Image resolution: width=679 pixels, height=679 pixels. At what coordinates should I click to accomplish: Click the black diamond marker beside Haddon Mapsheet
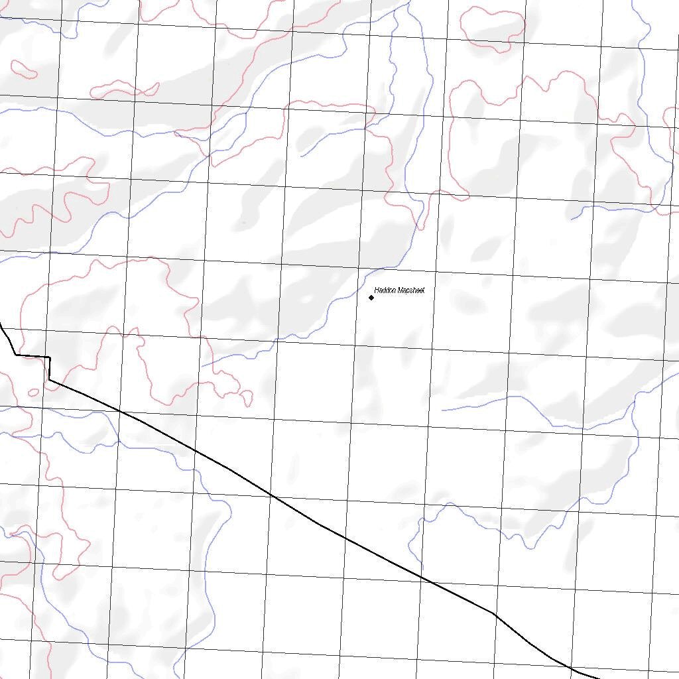(x=371, y=298)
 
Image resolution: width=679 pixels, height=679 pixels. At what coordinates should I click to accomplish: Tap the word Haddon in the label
(x=385, y=290)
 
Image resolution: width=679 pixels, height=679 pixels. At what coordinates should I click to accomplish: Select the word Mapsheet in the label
(x=410, y=290)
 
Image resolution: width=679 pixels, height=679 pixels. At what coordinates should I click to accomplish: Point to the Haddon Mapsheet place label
(x=399, y=290)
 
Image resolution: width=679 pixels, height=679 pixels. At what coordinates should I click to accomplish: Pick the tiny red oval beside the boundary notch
(x=33, y=392)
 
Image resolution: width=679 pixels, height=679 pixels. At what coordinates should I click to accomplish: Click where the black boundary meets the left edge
(x=1, y=325)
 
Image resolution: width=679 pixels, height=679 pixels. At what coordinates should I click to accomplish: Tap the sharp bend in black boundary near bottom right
(x=494, y=613)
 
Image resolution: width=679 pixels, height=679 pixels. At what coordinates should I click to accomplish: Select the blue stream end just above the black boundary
(x=202, y=366)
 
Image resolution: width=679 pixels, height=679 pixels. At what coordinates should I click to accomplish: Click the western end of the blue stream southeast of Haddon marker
(x=442, y=410)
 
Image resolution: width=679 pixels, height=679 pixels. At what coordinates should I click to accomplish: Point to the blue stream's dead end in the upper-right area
(x=572, y=219)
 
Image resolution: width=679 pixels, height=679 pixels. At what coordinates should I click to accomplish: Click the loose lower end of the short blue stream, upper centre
(x=302, y=156)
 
